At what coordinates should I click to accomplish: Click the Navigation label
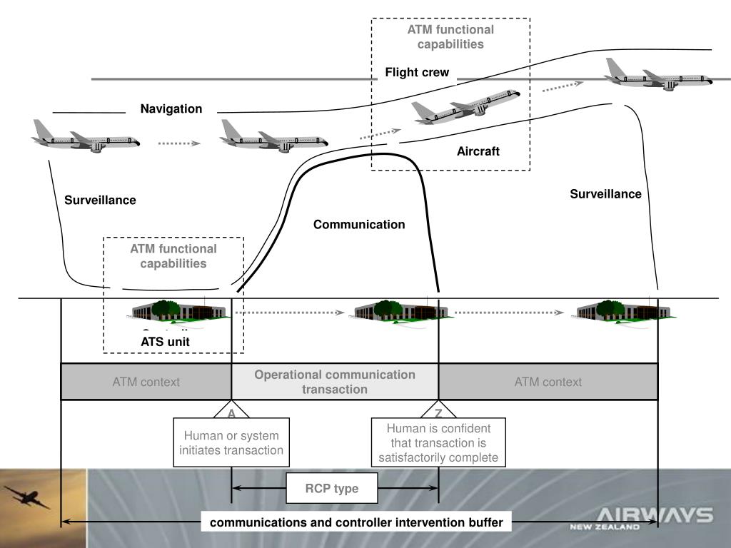[171, 109]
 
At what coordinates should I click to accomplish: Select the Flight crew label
[417, 72]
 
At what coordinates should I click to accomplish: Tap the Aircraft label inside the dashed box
[478, 151]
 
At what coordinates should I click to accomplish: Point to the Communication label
[359, 225]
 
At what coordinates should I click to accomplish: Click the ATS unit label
[165, 342]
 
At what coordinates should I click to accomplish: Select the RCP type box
[332, 489]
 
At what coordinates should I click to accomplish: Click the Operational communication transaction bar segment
[335, 382]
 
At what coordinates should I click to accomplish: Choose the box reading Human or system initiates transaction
[231, 442]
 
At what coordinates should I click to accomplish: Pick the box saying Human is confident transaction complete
[438, 442]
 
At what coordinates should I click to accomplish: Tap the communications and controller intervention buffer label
[356, 523]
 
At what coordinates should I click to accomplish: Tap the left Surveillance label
[100, 201]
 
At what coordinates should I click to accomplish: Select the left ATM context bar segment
[146, 382]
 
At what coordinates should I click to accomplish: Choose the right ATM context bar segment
[548, 382]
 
